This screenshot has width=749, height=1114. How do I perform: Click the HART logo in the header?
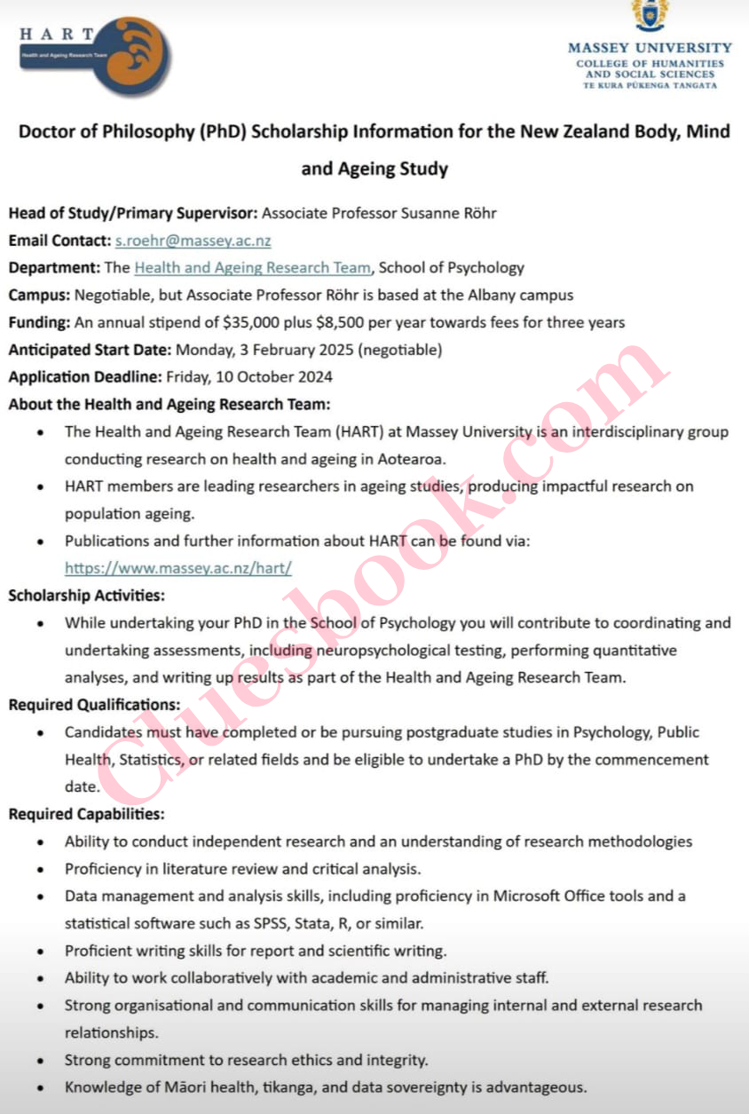click(94, 55)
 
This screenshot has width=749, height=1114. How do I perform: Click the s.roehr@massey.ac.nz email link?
click(193, 241)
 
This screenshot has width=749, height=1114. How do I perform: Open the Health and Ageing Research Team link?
click(252, 267)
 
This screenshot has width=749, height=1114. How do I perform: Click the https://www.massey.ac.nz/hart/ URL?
click(178, 567)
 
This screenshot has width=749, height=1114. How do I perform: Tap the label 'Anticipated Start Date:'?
click(90, 350)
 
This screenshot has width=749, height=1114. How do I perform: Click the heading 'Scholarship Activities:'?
click(87, 595)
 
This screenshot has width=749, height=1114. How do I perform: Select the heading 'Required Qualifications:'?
click(94, 705)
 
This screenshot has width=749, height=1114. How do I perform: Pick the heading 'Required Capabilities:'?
click(87, 814)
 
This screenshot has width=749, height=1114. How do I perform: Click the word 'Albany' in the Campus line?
click(491, 295)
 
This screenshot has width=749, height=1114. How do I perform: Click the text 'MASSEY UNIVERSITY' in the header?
click(650, 48)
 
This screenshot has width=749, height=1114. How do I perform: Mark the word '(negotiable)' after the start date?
click(398, 350)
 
